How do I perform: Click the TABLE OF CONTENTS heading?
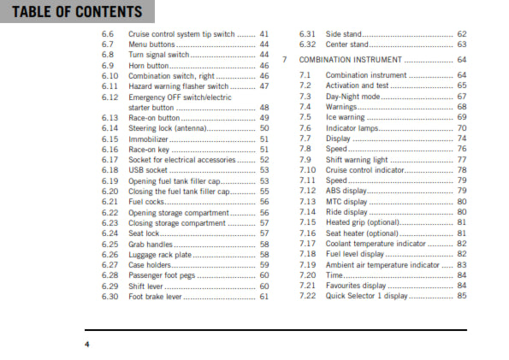pos(72,11)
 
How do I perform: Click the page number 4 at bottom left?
pos(86,344)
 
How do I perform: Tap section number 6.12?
pos(109,97)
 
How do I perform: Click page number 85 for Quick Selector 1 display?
pos(462,297)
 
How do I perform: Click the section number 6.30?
pos(109,297)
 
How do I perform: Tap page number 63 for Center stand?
pos(462,44)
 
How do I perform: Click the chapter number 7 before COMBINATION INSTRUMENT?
pos(283,60)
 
